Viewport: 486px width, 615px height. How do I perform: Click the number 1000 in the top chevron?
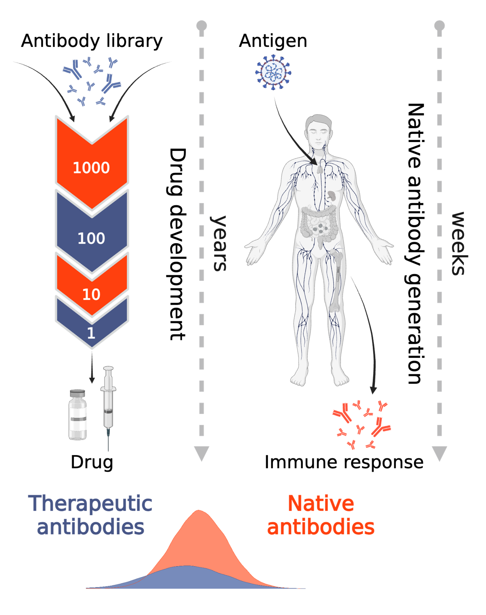point(91,168)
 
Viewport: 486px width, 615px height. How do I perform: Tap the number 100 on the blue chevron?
point(91,238)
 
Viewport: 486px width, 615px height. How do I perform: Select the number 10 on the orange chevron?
point(91,294)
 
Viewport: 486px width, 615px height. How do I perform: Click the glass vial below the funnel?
point(77,415)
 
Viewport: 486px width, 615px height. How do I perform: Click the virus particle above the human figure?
point(273,73)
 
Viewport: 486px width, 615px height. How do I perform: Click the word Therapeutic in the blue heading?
point(90,503)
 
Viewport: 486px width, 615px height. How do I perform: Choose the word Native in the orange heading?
point(321,503)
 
